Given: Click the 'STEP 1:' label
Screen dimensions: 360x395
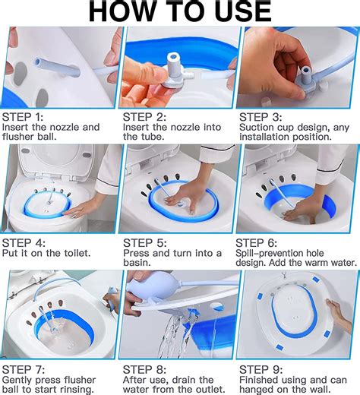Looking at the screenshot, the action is [23, 117].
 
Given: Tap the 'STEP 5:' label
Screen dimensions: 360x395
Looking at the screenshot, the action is [145, 243].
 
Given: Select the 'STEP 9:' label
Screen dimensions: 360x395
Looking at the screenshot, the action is [261, 370].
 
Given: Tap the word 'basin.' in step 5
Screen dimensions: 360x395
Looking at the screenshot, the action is [137, 263].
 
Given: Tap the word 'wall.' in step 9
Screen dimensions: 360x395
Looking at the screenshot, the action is [320, 389].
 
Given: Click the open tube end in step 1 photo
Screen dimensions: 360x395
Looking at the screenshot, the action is [38, 62].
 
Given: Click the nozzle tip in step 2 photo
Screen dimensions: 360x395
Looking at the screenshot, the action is [173, 57].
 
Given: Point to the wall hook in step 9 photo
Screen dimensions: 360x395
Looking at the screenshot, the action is [285, 275].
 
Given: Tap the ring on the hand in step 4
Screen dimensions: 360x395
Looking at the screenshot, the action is [75, 216].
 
